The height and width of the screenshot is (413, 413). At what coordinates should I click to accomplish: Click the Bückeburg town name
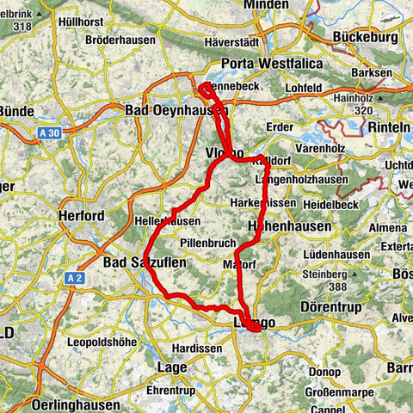pos(365,38)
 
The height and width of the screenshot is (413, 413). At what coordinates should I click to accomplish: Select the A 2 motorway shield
pos(75,278)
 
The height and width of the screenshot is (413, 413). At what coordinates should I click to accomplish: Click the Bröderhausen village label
pos(120,40)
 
